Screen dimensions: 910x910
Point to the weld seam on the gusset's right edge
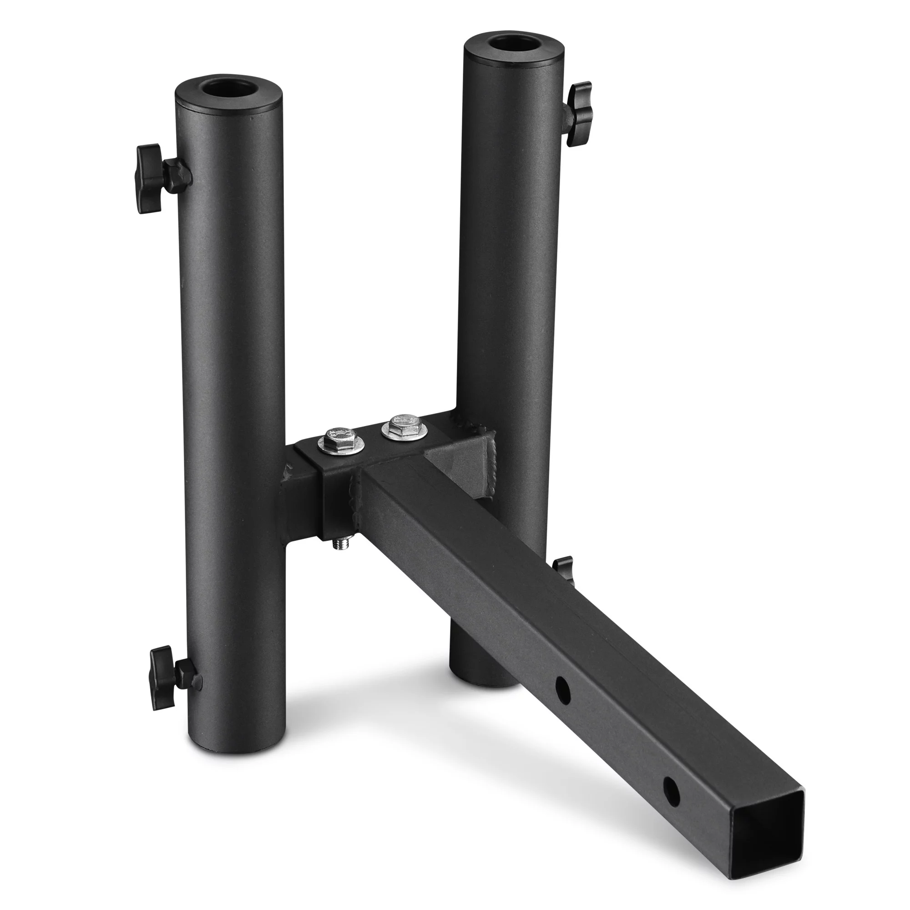(492, 459)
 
